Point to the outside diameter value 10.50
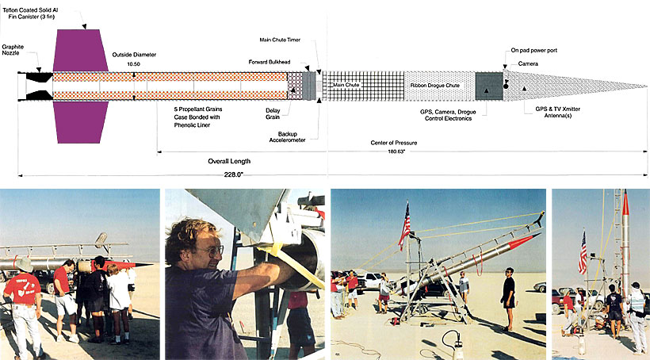[144, 64]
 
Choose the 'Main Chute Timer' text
[285, 40]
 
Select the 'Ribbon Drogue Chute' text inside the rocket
[435, 84]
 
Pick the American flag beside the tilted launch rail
[405, 224]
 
